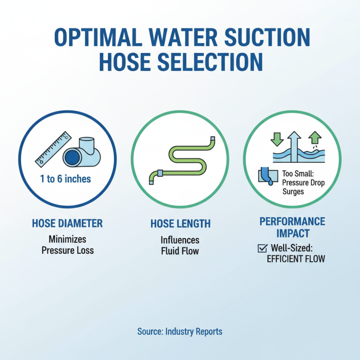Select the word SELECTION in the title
[211, 62]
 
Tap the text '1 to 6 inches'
[65, 179]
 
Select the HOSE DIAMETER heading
[67, 223]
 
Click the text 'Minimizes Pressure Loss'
[67, 245]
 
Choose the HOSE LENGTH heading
[180, 224]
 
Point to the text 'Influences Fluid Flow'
[180, 246]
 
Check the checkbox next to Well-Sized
[261, 248]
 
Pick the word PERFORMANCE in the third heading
[292, 221]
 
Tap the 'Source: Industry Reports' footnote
[180, 332]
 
